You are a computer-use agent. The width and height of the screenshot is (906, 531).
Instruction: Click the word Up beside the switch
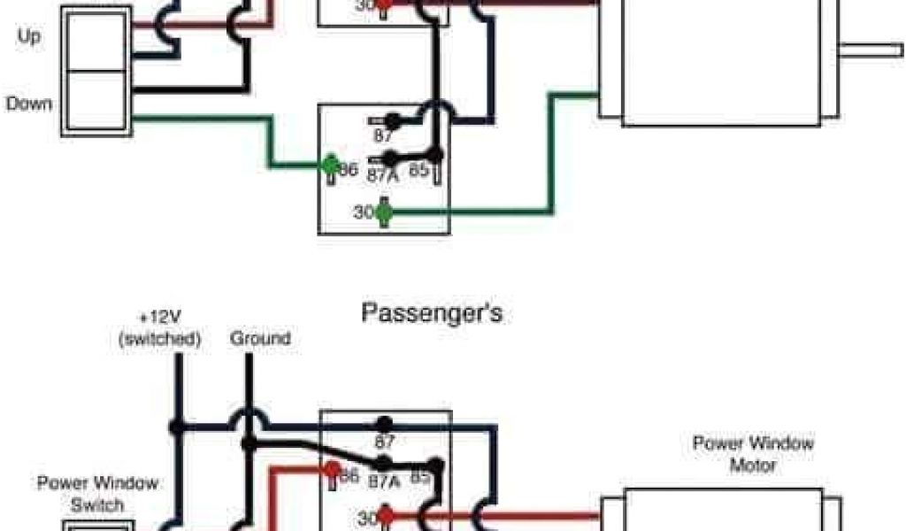point(29,38)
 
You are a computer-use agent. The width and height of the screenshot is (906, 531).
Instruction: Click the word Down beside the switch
point(29,104)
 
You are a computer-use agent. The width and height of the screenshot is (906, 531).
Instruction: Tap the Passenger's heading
point(432,312)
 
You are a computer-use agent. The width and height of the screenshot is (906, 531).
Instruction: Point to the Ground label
point(259,338)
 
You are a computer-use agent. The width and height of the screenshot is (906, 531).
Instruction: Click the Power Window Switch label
point(98,494)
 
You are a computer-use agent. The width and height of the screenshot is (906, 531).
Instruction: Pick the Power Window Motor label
point(752,454)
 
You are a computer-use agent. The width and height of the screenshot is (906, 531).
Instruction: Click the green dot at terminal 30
point(383,212)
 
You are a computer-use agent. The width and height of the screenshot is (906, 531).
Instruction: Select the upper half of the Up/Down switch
point(96,38)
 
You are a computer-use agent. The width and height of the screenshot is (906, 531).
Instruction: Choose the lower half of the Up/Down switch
point(96,103)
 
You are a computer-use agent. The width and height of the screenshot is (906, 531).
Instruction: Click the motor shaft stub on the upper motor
point(871,50)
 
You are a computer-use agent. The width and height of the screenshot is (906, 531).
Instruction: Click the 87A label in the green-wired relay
point(382,175)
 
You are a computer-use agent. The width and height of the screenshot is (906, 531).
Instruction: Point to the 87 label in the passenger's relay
point(385,440)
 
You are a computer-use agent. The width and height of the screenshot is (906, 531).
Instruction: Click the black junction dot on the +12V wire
point(178,426)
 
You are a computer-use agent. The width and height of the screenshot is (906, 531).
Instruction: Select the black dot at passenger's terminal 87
point(383,425)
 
